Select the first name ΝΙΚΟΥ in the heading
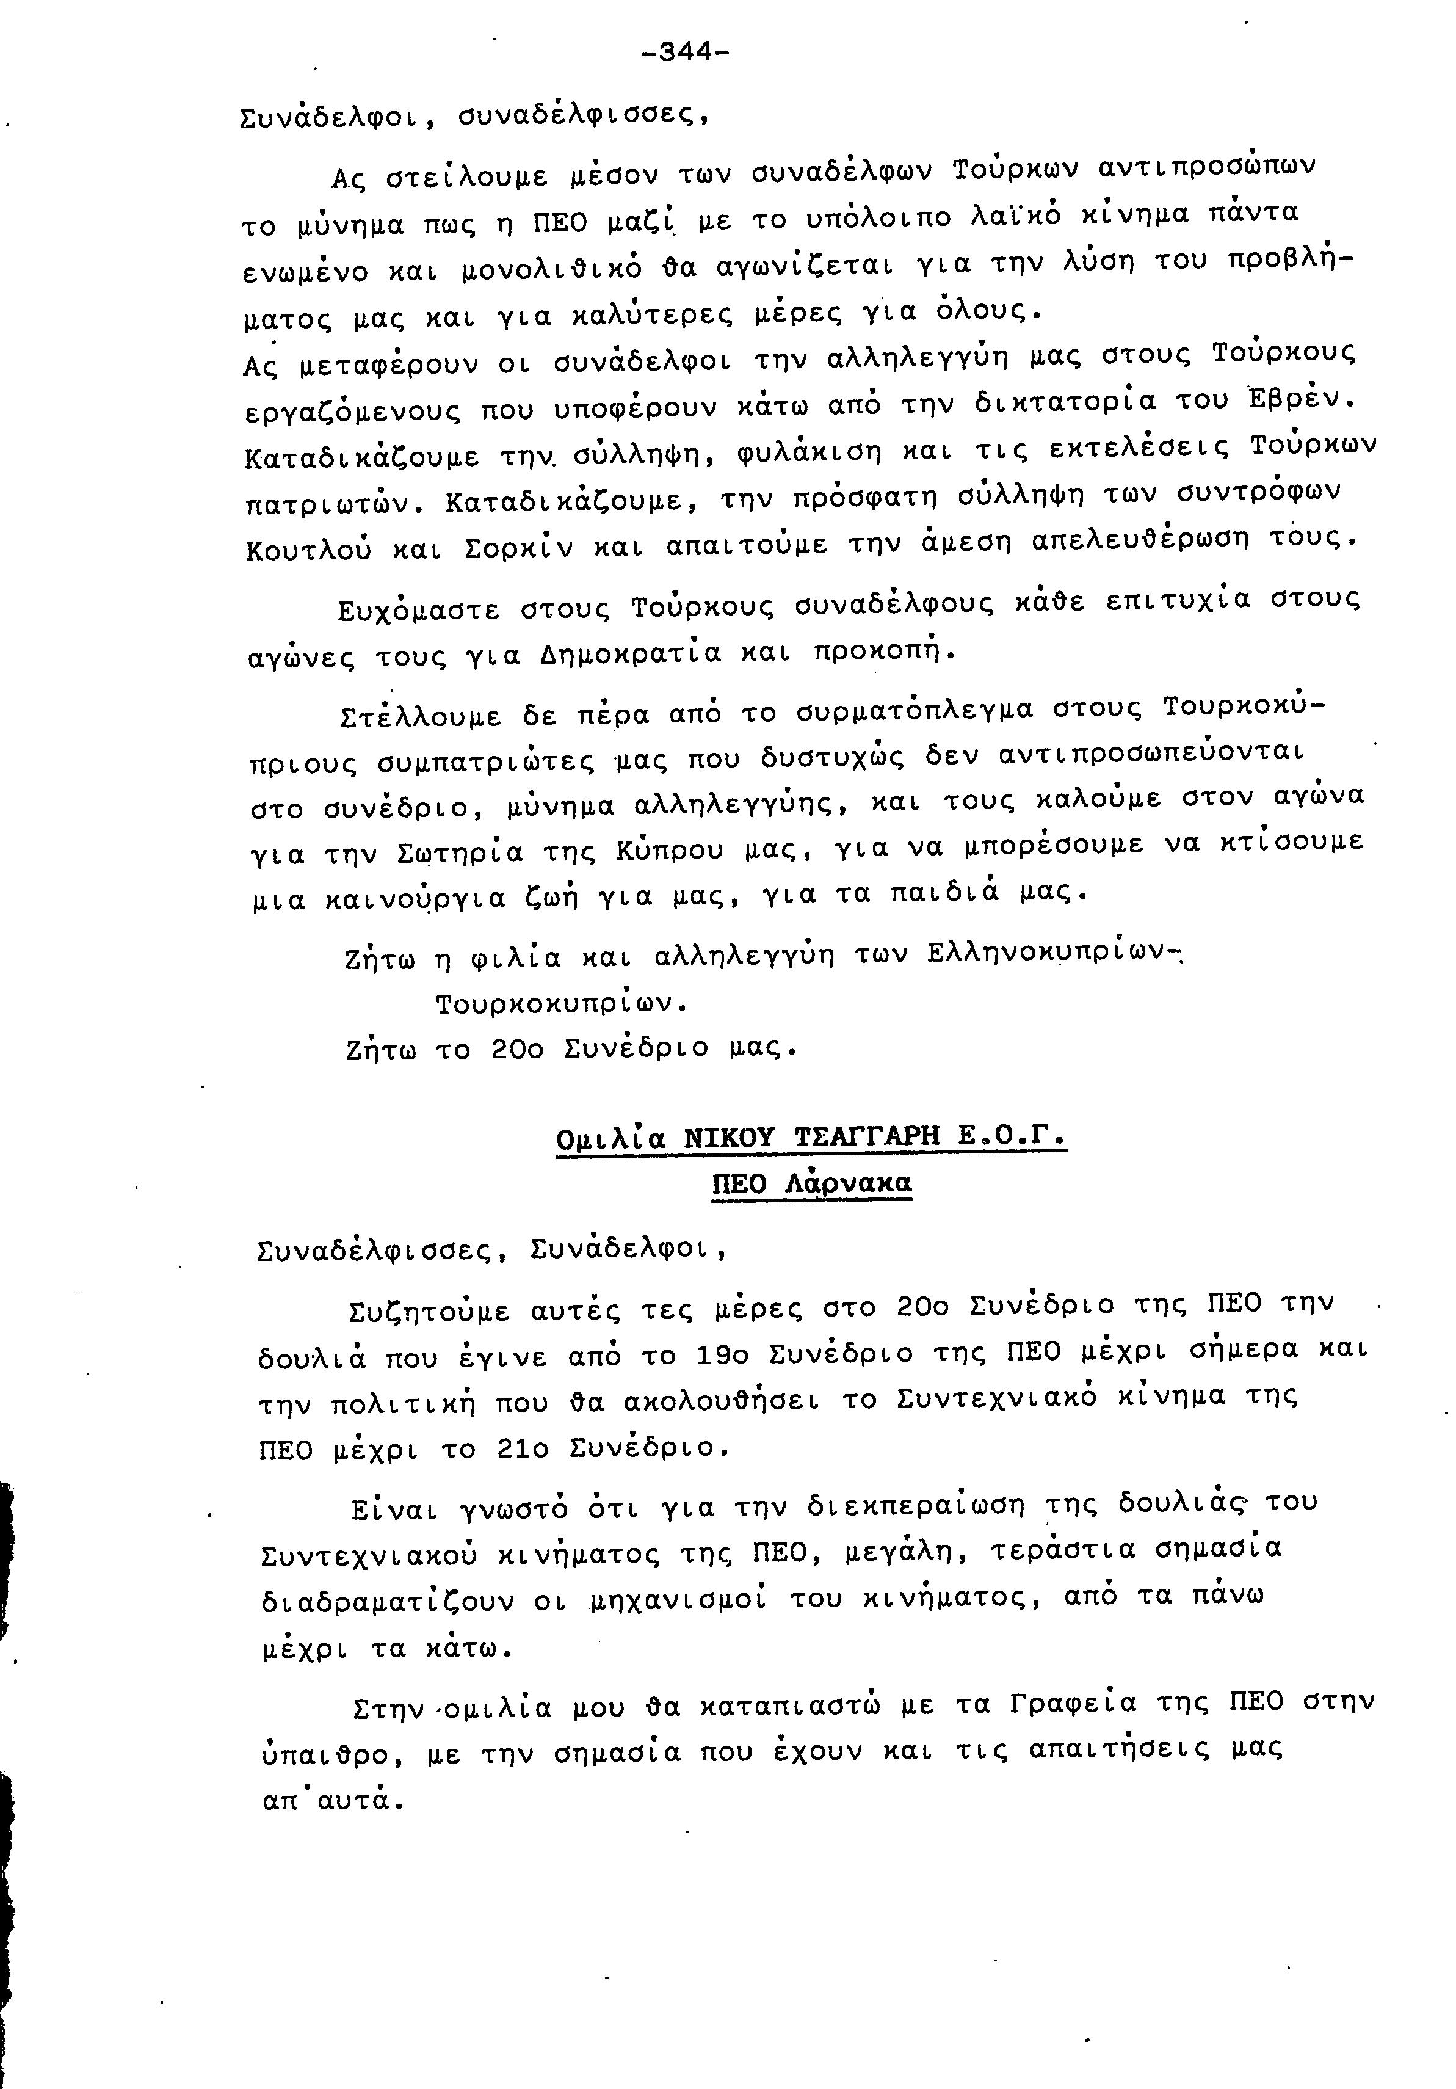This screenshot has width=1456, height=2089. click(731, 1138)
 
